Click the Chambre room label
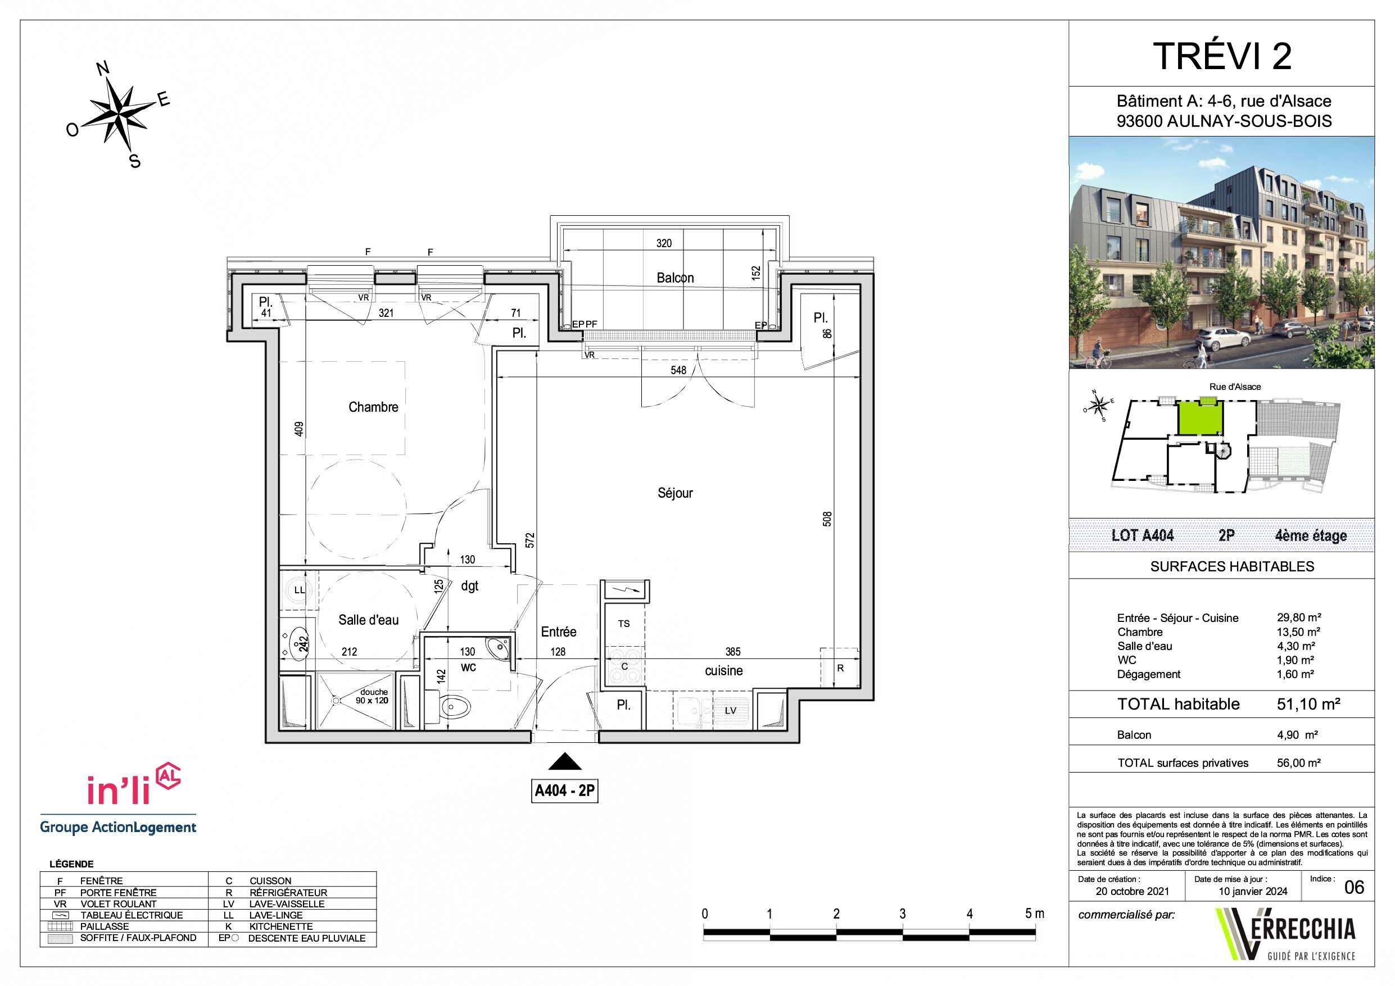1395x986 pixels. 373,407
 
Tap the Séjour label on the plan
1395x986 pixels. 675,493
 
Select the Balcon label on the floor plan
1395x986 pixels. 675,278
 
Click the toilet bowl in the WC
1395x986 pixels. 455,707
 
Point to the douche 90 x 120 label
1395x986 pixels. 373,696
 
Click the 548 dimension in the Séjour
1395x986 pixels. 678,370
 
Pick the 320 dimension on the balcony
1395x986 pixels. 663,244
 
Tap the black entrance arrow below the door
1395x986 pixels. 565,762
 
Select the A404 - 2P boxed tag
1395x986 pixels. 565,790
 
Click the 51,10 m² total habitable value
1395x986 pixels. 1308,704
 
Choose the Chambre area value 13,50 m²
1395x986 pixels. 1298,632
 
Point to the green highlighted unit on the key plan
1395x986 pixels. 1200,417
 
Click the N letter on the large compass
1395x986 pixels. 103,68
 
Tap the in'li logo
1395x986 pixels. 134,784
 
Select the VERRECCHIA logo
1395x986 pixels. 1285,933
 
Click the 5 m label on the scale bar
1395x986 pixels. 1035,913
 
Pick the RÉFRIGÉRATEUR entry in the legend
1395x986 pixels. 288,892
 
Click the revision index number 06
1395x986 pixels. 1355,888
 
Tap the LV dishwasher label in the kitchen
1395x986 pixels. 730,710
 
